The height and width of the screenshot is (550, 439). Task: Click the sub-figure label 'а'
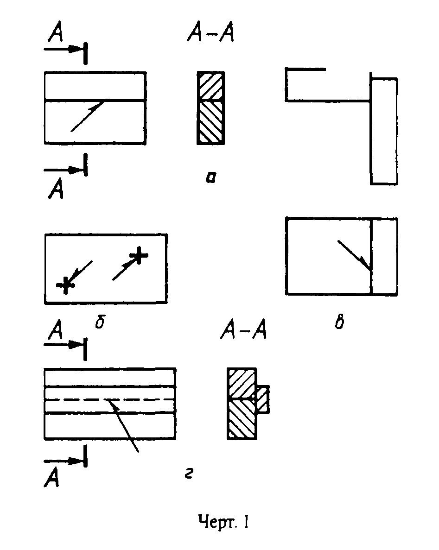[x=210, y=177]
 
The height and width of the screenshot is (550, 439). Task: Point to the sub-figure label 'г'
[x=188, y=474]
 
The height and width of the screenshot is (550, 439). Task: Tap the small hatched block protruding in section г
[x=262, y=399]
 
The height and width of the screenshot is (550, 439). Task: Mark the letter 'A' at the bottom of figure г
[x=52, y=479]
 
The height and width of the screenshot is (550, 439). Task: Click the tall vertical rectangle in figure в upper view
[x=383, y=131]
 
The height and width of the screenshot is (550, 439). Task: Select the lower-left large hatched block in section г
[x=241, y=419]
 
